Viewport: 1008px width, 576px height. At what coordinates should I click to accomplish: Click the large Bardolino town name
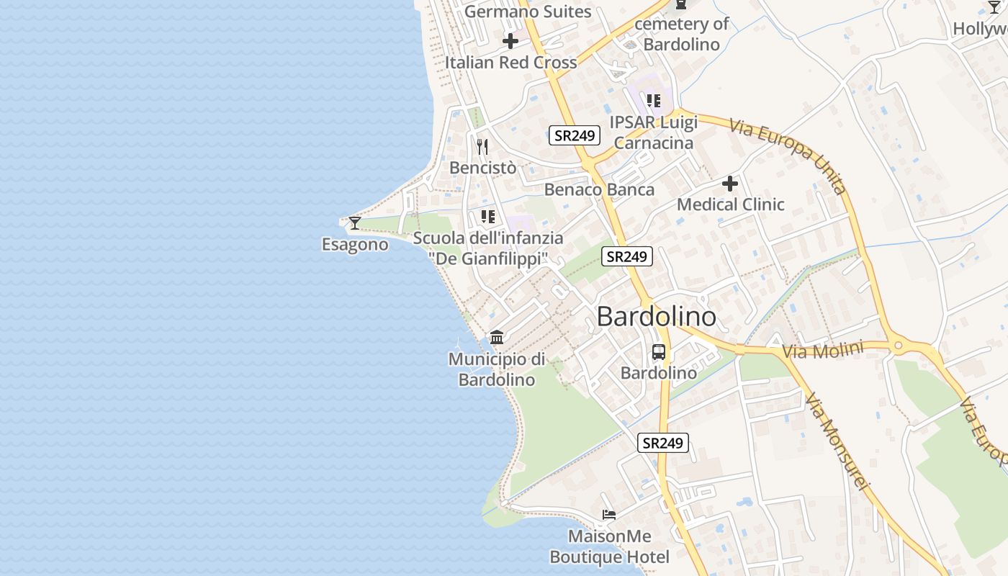[x=657, y=317]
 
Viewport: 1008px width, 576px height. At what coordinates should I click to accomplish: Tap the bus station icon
[x=659, y=352]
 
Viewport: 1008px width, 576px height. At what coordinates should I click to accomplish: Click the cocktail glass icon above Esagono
[x=354, y=222]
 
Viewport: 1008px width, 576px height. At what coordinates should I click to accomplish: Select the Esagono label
[x=355, y=245]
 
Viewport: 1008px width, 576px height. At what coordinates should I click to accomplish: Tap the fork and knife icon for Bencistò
[x=482, y=147]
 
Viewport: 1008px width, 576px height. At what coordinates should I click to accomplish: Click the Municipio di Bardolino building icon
[x=497, y=337]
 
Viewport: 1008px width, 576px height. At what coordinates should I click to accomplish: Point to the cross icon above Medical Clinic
[x=730, y=184]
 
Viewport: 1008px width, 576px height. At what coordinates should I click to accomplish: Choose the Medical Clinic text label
[x=730, y=204]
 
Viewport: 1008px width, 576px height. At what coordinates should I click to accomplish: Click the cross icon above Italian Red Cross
[x=510, y=41]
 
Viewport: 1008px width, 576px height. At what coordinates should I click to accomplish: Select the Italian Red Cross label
[x=510, y=63]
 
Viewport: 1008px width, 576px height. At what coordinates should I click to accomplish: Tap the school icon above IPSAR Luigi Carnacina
[x=653, y=101]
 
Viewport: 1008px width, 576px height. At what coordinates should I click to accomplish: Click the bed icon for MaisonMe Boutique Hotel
[x=609, y=515]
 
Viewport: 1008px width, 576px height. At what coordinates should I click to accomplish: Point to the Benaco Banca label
[x=599, y=189]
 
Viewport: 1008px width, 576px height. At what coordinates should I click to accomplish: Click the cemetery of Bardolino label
[x=681, y=34]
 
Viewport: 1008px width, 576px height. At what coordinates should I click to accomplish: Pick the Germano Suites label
[x=528, y=12]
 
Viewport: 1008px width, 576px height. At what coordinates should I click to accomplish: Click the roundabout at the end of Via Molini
[x=897, y=346]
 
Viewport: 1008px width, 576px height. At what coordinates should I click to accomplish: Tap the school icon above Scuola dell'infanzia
[x=488, y=217]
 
